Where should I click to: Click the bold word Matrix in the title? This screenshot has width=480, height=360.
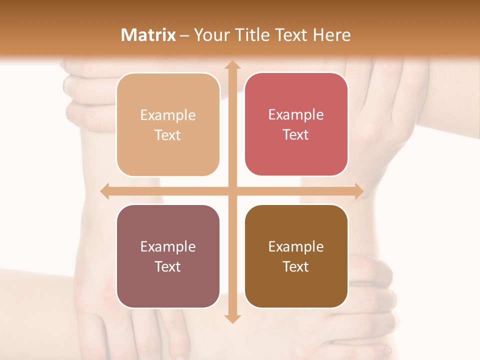(x=148, y=35)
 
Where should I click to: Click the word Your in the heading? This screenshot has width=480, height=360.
(x=210, y=35)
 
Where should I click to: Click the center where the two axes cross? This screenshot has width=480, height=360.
(x=231, y=191)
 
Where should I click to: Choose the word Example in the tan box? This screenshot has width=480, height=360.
(x=168, y=115)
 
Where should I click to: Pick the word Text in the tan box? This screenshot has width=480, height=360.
(x=168, y=135)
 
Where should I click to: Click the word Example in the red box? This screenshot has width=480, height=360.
(x=296, y=115)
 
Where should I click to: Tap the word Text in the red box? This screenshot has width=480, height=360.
(x=296, y=134)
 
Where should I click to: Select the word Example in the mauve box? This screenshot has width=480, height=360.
(x=168, y=247)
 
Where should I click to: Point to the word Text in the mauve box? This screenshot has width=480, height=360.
(x=168, y=266)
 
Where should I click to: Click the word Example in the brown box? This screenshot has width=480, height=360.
(x=296, y=247)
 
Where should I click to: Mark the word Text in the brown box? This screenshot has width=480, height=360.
(x=296, y=266)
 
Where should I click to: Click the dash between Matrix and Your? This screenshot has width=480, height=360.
(x=184, y=35)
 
